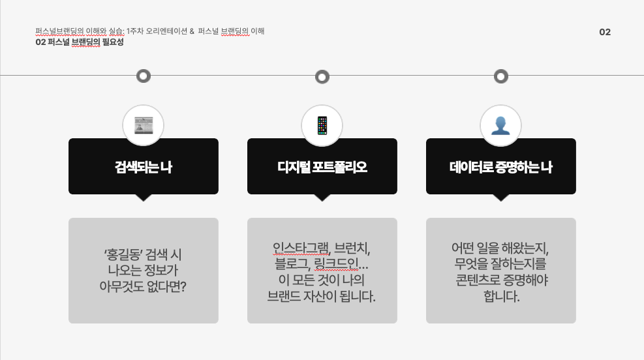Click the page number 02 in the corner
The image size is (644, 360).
605,32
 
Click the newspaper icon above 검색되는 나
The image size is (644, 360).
143,125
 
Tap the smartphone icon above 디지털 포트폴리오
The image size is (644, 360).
322,125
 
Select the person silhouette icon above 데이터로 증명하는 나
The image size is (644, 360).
500,125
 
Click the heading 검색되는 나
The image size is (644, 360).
143,167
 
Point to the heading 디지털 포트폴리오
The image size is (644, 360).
322,167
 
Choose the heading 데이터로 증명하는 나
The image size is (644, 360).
500,167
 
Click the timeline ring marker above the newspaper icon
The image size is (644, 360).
144,76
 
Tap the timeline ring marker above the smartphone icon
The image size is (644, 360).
322,77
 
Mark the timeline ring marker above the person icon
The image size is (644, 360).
500,76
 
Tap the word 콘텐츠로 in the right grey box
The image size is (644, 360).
480,281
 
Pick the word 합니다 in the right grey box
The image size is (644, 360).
500,297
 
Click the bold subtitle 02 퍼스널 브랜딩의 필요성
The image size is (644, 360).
80,42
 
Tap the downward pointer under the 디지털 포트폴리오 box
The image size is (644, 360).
322,197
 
